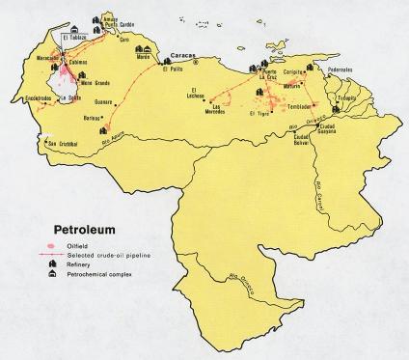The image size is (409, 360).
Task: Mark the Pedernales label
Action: click(x=370, y=69)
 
